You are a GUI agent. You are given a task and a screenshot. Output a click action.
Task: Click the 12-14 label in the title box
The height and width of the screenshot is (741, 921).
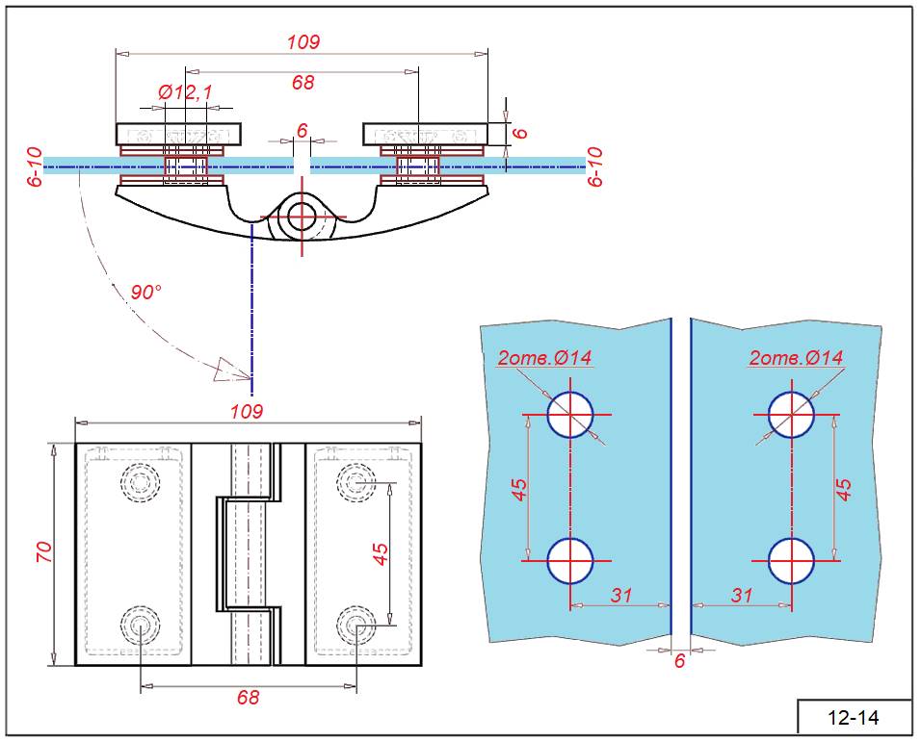pyautogui.click(x=855, y=718)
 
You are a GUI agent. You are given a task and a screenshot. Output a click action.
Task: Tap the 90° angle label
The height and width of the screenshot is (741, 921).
pyautogui.click(x=146, y=293)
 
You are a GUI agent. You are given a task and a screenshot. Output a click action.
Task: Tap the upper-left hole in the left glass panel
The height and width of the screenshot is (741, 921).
pyautogui.click(x=570, y=414)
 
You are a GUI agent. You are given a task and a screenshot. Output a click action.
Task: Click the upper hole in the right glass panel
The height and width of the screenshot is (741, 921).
pyautogui.click(x=792, y=414)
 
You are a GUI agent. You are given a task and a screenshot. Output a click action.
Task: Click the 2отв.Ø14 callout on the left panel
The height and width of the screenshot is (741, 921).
pyautogui.click(x=544, y=358)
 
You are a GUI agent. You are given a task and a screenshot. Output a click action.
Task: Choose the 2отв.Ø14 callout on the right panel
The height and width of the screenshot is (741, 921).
pyautogui.click(x=796, y=358)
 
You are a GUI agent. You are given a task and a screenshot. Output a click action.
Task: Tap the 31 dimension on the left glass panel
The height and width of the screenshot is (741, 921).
pyautogui.click(x=621, y=595)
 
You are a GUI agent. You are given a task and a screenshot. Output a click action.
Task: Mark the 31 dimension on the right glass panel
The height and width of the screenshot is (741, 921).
pyautogui.click(x=741, y=595)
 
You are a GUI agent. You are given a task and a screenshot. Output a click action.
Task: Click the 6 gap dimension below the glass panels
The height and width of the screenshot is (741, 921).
pyautogui.click(x=680, y=661)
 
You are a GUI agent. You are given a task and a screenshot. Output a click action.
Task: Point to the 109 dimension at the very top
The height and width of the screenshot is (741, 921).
pyautogui.click(x=303, y=42)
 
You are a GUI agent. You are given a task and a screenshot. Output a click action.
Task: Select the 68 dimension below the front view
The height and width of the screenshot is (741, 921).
pyautogui.click(x=249, y=697)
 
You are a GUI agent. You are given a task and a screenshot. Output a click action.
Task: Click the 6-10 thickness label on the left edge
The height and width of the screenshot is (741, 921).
pyautogui.click(x=36, y=166)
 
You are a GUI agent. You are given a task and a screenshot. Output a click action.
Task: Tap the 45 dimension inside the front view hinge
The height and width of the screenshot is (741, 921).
pyautogui.click(x=381, y=553)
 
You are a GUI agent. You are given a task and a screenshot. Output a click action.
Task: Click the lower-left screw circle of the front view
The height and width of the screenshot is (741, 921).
pyautogui.click(x=141, y=626)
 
